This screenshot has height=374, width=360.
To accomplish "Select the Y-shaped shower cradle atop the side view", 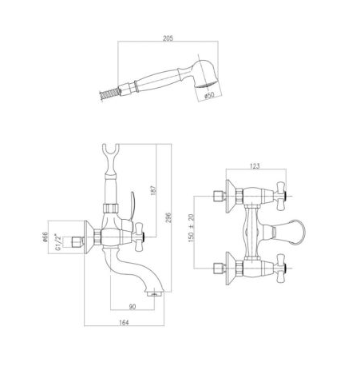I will coord(109,153).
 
